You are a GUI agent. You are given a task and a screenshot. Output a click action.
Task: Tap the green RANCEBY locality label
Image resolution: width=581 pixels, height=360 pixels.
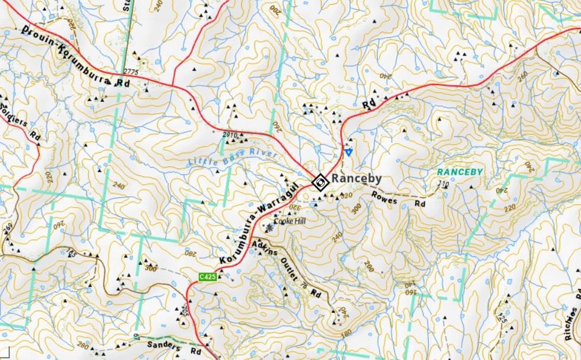click(x=460, y=172)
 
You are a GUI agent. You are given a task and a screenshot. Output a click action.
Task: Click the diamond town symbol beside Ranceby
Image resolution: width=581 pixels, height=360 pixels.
click(x=319, y=182)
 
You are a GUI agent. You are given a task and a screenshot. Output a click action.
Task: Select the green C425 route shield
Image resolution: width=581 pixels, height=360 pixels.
click(x=207, y=277)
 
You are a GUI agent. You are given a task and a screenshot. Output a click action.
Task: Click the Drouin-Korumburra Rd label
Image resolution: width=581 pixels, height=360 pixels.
click(x=76, y=56)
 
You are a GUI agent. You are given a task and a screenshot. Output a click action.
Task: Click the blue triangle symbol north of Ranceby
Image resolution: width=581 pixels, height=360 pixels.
click(x=348, y=152)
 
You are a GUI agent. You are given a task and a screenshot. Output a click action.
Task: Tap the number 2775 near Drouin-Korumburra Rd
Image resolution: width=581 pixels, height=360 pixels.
click(x=131, y=72)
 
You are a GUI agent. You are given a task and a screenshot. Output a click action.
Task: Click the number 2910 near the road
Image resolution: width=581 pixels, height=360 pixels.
click(x=231, y=134)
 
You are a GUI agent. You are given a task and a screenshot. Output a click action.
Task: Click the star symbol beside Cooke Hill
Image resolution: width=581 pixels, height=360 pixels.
click(x=270, y=228)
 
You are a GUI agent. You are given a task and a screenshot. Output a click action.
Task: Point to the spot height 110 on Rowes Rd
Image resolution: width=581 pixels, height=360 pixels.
click(x=443, y=185)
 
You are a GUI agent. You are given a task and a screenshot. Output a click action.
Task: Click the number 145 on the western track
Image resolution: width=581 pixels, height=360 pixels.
click(x=71, y=252)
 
